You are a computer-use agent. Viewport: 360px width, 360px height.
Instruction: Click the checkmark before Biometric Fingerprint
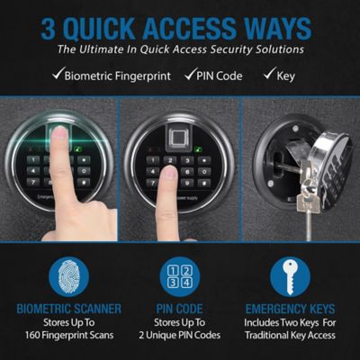[x=58, y=75]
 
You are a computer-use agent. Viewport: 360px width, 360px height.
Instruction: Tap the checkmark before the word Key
[x=271, y=75]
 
